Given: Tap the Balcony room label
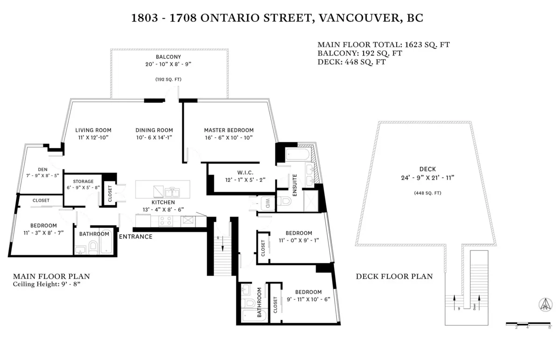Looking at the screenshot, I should (x=168, y=56).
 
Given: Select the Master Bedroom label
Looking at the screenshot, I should (x=229, y=130).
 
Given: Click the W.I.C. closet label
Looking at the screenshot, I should (x=245, y=172).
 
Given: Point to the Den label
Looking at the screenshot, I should (x=42, y=169).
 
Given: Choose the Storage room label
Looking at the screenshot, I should (x=83, y=181).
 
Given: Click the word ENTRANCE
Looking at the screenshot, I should (x=136, y=236).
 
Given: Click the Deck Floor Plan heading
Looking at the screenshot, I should (x=394, y=277).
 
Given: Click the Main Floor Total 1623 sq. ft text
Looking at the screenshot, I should (x=383, y=45).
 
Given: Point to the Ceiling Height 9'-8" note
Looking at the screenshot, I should (x=47, y=284).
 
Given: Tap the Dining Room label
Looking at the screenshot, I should (x=154, y=130).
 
